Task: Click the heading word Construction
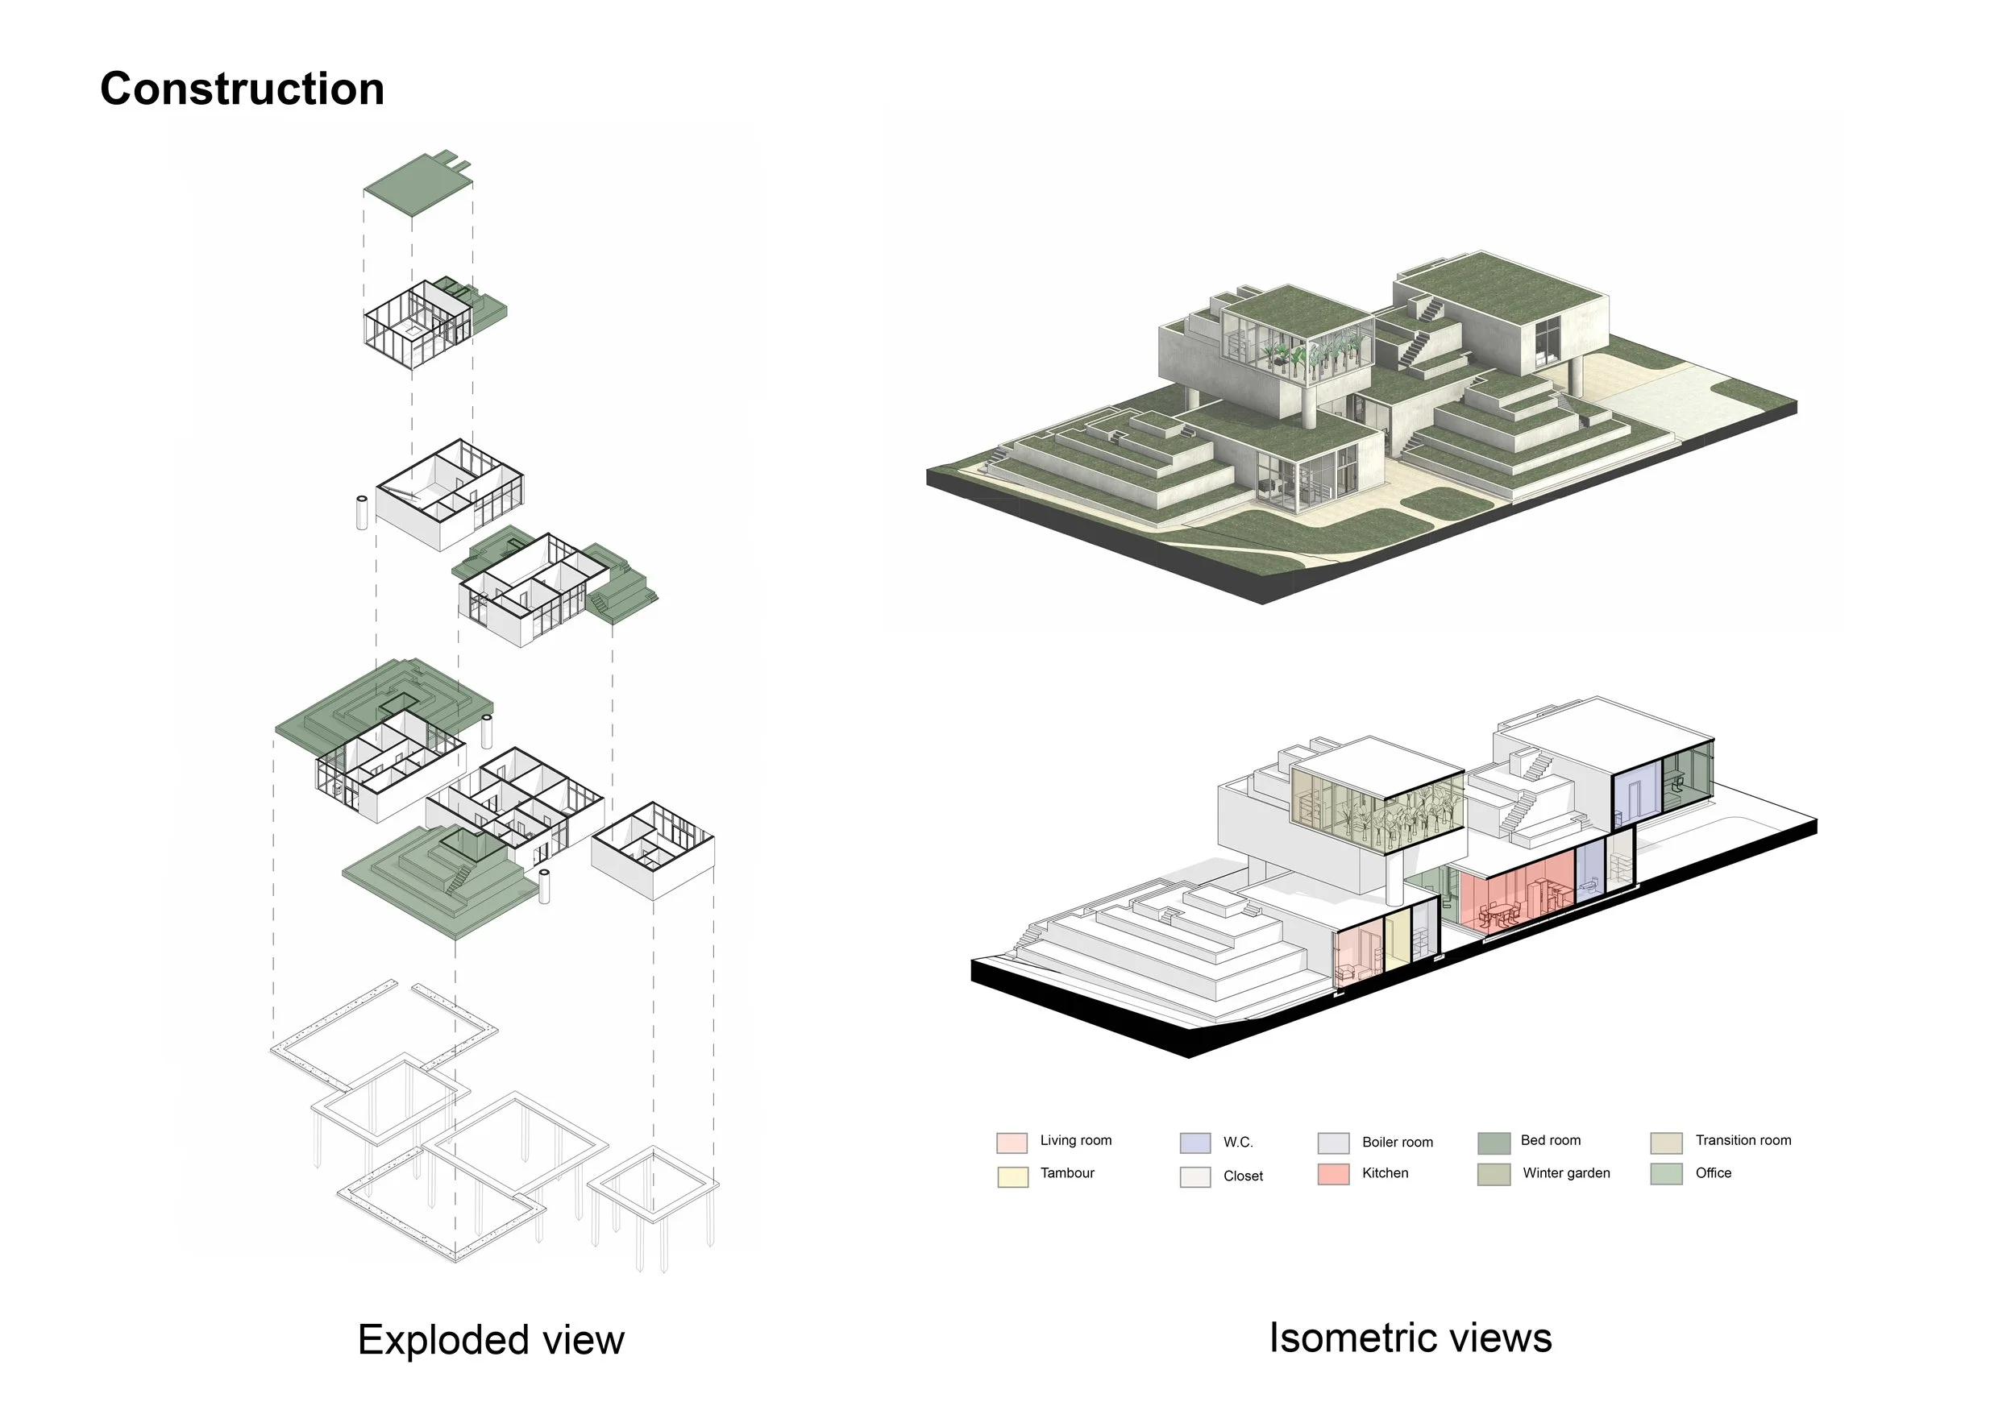pyautogui.click(x=243, y=89)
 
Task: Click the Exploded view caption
pyautogui.click(x=491, y=1340)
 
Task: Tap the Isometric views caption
pyautogui.click(x=1410, y=1338)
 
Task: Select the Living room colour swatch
pyautogui.click(x=1012, y=1143)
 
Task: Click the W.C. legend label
pyautogui.click(x=1238, y=1143)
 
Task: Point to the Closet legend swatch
pyautogui.click(x=1195, y=1176)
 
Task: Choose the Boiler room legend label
pyautogui.click(x=1397, y=1143)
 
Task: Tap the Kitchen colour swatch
pyautogui.click(x=1333, y=1175)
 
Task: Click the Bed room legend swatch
pyautogui.click(x=1494, y=1143)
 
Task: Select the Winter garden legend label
pyautogui.click(x=1567, y=1174)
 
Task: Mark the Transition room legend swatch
pyautogui.click(x=1667, y=1143)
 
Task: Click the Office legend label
pyautogui.click(x=1713, y=1174)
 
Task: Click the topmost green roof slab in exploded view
pyautogui.click(x=418, y=184)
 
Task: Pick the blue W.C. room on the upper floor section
pyautogui.click(x=1637, y=790)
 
